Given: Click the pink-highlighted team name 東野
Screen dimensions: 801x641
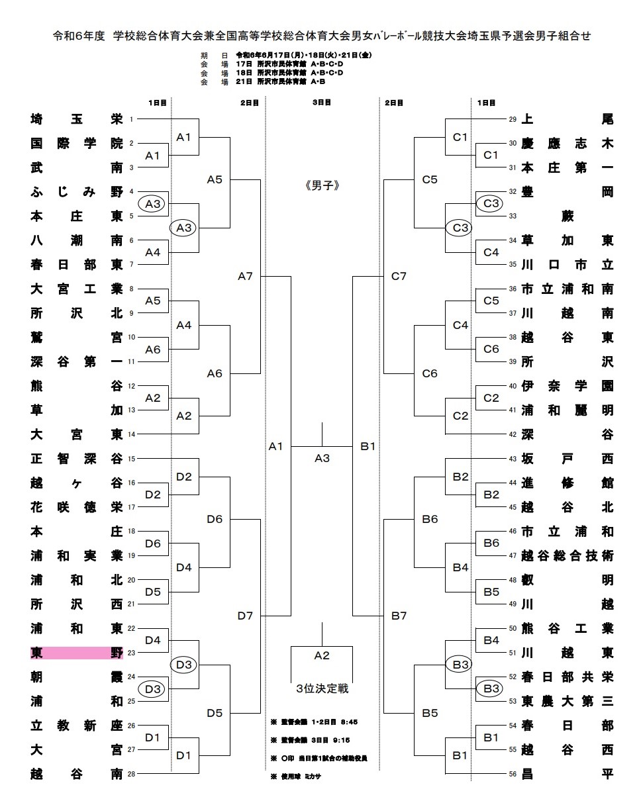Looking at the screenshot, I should [76, 653].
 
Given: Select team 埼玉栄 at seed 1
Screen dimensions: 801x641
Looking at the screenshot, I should [76, 119].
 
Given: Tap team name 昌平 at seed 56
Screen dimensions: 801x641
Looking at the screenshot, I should [567, 773].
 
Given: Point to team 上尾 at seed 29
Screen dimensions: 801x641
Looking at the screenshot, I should [567, 119].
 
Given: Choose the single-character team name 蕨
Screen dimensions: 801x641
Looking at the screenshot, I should [567, 216].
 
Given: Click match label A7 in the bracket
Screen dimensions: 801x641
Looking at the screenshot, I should [246, 276].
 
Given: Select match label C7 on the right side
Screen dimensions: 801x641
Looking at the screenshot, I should [399, 276].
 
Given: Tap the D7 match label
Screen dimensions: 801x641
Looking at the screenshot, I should [246, 616].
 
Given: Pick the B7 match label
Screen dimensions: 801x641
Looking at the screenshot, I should [399, 616].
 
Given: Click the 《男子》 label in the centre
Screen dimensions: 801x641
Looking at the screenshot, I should [322, 185].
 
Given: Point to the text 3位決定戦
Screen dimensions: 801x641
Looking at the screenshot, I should [322, 688].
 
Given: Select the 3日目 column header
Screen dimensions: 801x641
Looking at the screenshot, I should [322, 103].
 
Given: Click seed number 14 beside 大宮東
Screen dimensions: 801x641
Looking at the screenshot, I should [131, 434].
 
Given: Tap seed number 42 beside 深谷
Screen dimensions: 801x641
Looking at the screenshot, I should [512, 434].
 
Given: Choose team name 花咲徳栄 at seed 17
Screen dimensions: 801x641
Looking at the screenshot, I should [76, 507].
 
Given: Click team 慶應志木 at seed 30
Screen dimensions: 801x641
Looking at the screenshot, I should [567, 144].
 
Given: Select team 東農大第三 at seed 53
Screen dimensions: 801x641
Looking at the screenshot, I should [567, 700].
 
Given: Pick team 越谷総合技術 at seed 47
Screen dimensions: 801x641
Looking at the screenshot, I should [567, 555].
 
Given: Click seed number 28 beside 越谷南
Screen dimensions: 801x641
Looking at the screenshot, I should [131, 773].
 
